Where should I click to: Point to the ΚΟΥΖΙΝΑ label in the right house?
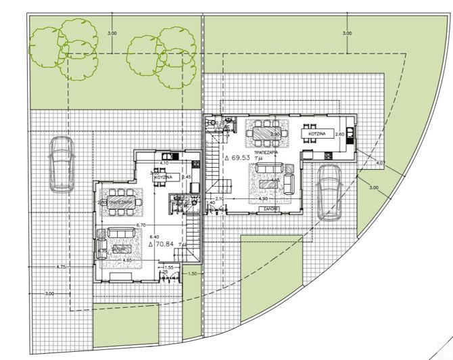[318, 135]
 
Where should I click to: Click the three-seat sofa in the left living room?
[122, 233]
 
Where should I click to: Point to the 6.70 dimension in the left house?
[141, 225]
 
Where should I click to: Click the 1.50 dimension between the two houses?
[192, 273]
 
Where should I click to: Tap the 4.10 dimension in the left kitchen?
[164, 164]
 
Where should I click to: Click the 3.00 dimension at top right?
[347, 32]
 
